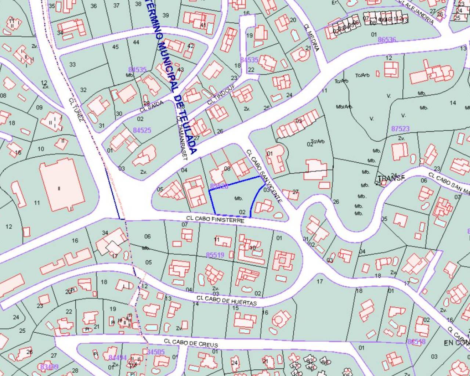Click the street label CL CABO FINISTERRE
tap(215, 220)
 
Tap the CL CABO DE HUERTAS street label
tap(227, 301)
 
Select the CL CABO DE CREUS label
tap(191, 343)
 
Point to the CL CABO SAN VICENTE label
tap(264, 176)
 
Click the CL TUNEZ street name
tap(76, 109)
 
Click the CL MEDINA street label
tap(312, 37)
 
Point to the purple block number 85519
tap(215, 255)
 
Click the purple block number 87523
tap(400, 129)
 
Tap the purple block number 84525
tap(142, 130)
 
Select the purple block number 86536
tap(387, 39)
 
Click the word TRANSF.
tap(391, 178)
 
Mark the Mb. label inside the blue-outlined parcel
tap(239, 199)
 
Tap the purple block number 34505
tap(156, 352)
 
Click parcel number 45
tap(115, 47)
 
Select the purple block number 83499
tap(49, 366)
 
